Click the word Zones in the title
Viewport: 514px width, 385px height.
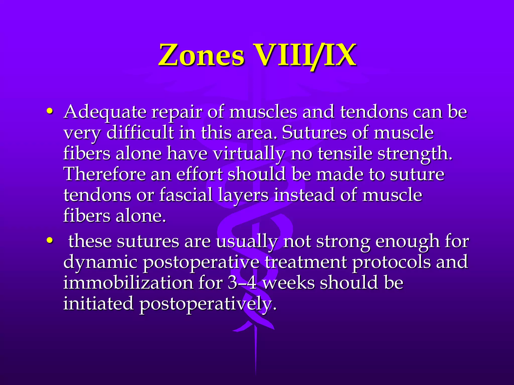(x=201, y=55)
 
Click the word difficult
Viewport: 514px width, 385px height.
(x=140, y=133)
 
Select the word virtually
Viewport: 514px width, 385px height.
(x=249, y=154)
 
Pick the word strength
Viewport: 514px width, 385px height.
(x=415, y=154)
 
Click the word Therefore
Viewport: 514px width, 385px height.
(x=104, y=174)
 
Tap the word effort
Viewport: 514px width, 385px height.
(x=199, y=174)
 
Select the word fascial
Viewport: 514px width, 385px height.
(x=186, y=195)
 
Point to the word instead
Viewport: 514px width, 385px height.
(x=304, y=195)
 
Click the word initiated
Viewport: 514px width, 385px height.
(x=98, y=304)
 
